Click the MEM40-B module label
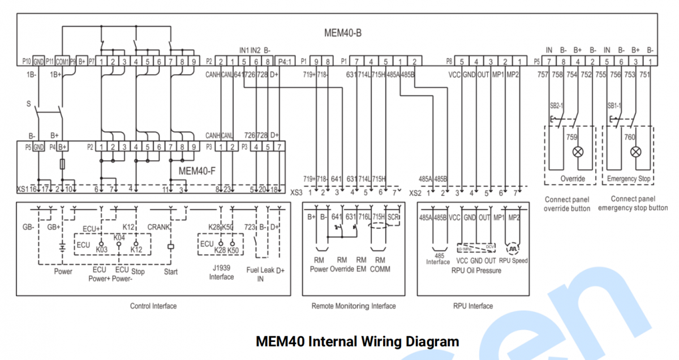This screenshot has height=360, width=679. click(343, 32)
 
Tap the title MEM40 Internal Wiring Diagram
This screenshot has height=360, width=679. click(357, 341)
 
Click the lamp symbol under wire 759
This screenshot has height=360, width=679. click(578, 152)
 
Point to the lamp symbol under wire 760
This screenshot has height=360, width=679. click(636, 152)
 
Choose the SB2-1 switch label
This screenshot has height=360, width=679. click(556, 106)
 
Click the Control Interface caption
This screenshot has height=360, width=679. click(153, 306)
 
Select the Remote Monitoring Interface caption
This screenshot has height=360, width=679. click(354, 306)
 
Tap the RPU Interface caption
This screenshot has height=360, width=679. click(472, 306)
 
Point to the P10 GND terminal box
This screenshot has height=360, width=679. click(38, 61)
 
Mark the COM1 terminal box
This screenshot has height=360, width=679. click(62, 61)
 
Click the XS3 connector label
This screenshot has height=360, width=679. click(296, 193)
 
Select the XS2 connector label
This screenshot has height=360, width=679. click(415, 193)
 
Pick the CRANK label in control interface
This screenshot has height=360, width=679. click(158, 227)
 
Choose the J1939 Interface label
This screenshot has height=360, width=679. click(221, 273)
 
